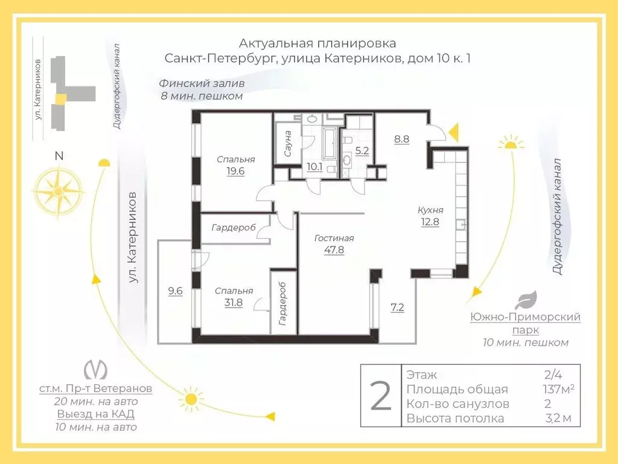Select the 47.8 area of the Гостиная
click(x=334, y=250)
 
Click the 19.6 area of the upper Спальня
click(x=235, y=172)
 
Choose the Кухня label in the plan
click(x=430, y=210)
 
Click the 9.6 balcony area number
click(x=175, y=291)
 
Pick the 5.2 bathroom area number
click(x=362, y=151)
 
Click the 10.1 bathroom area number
click(x=314, y=167)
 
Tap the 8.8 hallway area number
click(x=402, y=138)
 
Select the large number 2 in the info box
click(x=380, y=396)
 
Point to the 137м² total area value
click(x=558, y=389)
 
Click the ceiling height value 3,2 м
click(x=558, y=418)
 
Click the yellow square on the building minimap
click(x=60, y=98)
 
